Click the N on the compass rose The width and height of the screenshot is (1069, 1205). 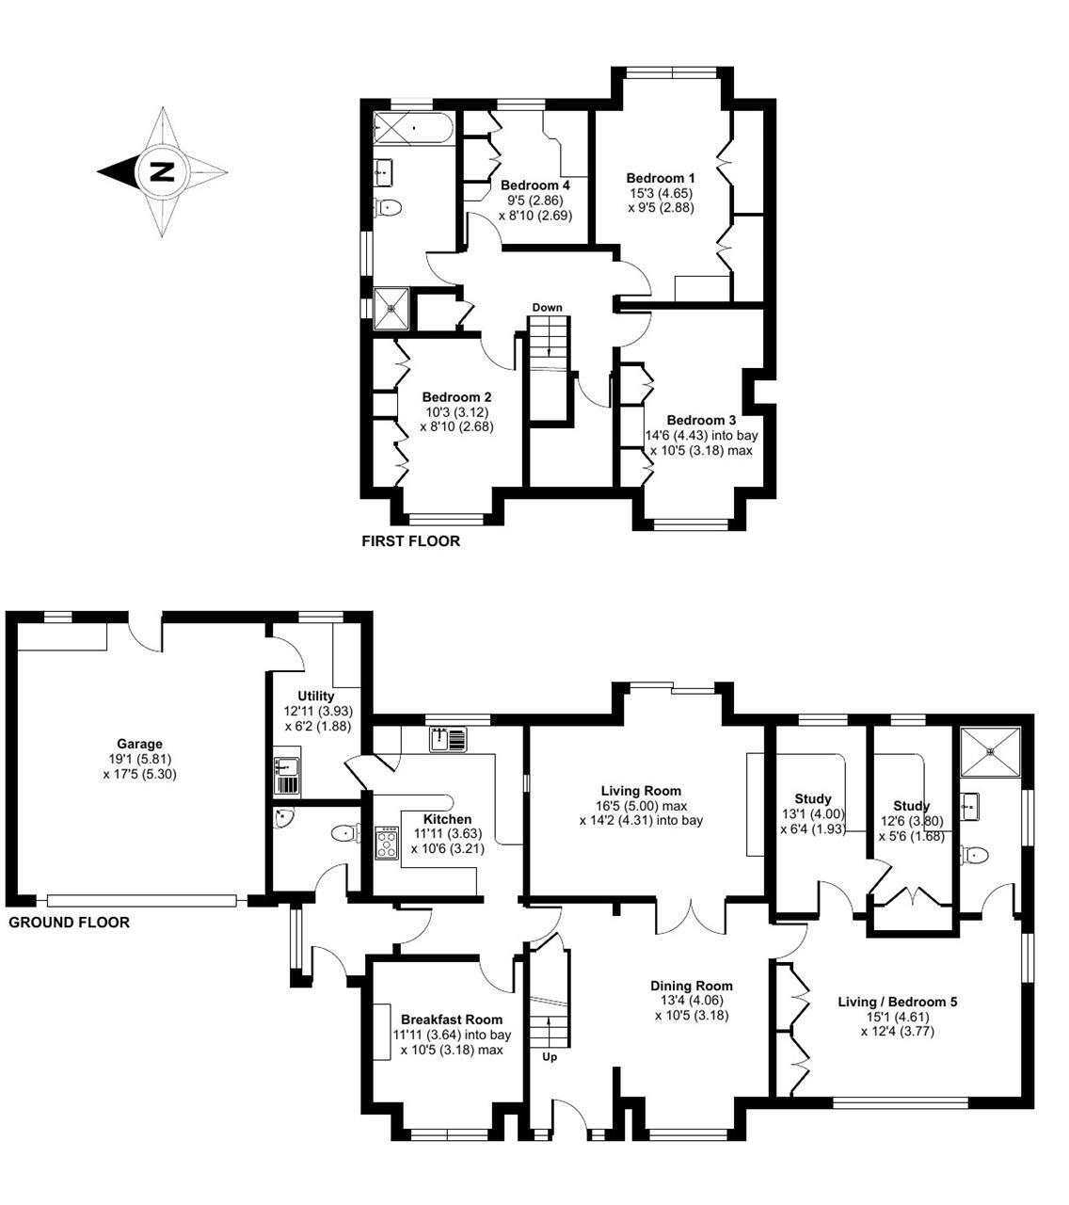pyautogui.click(x=163, y=172)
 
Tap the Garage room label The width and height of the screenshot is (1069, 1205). pyautogui.click(x=139, y=744)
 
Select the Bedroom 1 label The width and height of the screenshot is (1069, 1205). pyautogui.click(x=661, y=178)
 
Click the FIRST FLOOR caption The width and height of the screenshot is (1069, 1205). pyautogui.click(x=410, y=541)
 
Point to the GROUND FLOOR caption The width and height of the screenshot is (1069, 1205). pyautogui.click(x=69, y=923)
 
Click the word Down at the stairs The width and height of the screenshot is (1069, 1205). pyautogui.click(x=547, y=308)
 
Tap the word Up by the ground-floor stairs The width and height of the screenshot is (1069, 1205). pyautogui.click(x=550, y=1057)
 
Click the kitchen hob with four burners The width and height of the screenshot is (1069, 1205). pyautogui.click(x=387, y=843)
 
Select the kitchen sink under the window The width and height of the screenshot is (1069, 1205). pyautogui.click(x=448, y=739)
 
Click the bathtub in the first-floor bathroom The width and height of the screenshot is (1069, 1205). pyautogui.click(x=413, y=129)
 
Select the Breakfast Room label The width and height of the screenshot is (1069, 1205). pyautogui.click(x=452, y=1020)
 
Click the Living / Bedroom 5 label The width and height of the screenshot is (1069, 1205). pyautogui.click(x=897, y=1002)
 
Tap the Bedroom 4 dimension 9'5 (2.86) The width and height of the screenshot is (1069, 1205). pyautogui.click(x=535, y=201)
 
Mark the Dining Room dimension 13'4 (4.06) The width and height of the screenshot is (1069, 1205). pyautogui.click(x=692, y=1001)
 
